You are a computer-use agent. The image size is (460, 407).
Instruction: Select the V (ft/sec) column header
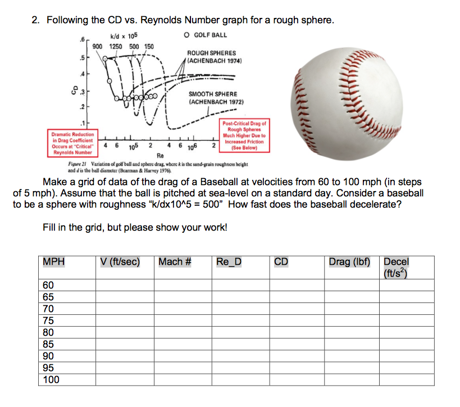pyautogui.click(x=120, y=262)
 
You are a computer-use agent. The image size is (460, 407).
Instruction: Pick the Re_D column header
pyautogui.click(x=229, y=262)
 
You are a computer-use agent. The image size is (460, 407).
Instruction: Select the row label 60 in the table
pyautogui.click(x=48, y=285)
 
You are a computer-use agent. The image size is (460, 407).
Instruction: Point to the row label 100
pyautogui.click(x=51, y=379)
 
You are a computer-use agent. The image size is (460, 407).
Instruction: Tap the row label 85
pyautogui.click(x=48, y=344)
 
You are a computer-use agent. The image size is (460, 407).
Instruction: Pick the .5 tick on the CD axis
pyautogui.click(x=83, y=58)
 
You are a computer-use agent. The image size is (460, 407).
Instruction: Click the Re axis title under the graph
pyautogui.click(x=160, y=155)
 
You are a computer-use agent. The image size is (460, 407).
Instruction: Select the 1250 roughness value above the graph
pyautogui.click(x=116, y=46)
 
